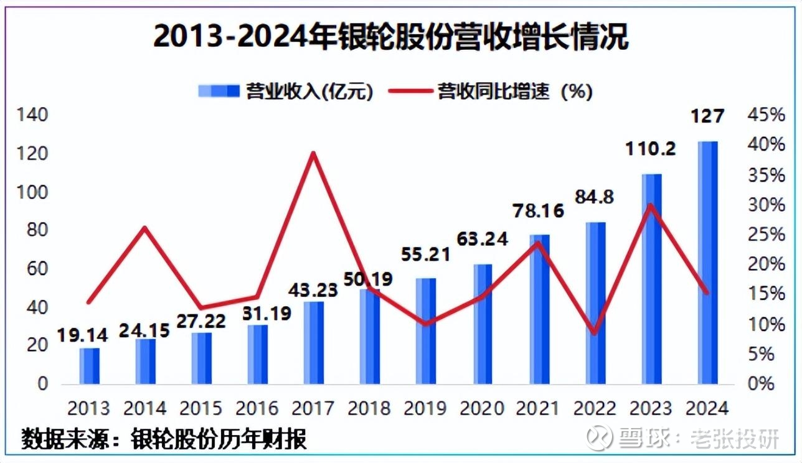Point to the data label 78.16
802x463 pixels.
(539, 210)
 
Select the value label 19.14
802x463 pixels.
(83, 335)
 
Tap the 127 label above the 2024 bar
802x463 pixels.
(708, 116)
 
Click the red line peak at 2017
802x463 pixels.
(314, 153)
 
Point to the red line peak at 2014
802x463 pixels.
(144, 228)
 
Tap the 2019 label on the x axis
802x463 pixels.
(425, 408)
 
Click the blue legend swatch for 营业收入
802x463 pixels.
(219, 91)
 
